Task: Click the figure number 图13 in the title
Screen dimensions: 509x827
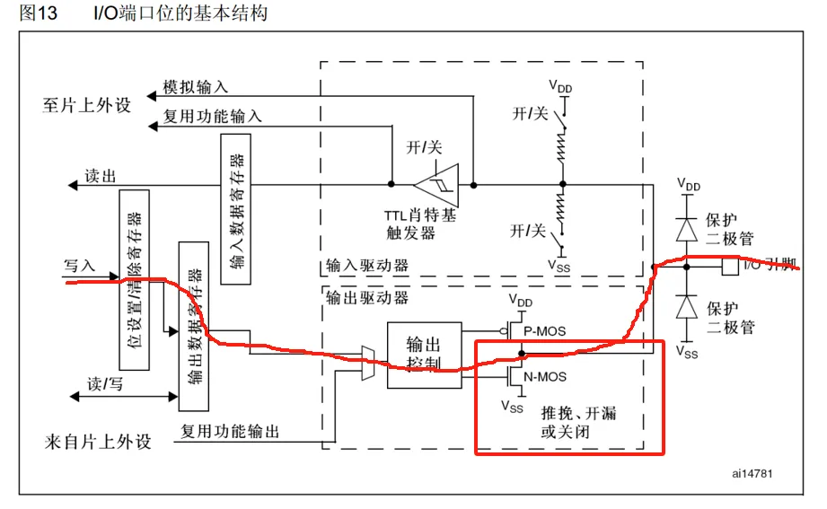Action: pyautogui.click(x=38, y=14)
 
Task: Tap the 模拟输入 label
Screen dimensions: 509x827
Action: pyautogui.click(x=196, y=86)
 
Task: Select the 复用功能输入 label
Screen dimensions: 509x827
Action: pyautogui.click(x=212, y=116)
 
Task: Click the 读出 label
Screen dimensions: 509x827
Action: pyautogui.click(x=100, y=176)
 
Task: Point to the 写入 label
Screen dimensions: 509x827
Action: pyautogui.click(x=79, y=266)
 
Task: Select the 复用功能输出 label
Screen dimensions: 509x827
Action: pyautogui.click(x=230, y=431)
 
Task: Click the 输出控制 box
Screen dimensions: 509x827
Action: pyautogui.click(x=424, y=355)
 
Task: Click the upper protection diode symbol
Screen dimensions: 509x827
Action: pyautogui.click(x=688, y=230)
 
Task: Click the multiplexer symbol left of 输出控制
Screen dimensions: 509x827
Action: pyautogui.click(x=368, y=362)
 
